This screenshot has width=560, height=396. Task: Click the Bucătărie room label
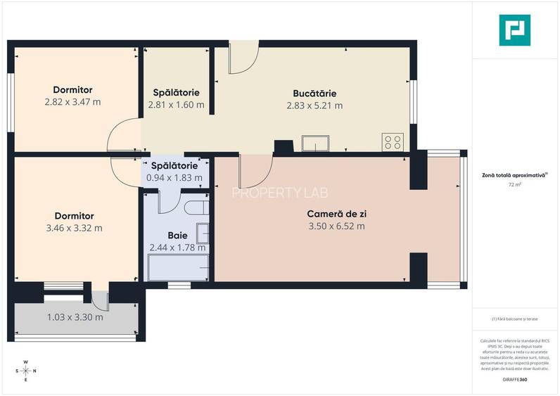[x=314, y=93]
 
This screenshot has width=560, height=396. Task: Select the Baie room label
[x=177, y=235]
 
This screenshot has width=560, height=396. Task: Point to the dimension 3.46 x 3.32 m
[x=74, y=228]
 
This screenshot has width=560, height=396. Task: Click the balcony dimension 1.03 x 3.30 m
[x=75, y=317]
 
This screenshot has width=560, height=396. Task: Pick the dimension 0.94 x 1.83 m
[x=178, y=179]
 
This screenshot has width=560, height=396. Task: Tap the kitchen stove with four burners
[x=393, y=142]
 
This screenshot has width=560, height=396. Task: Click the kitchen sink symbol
[x=314, y=143]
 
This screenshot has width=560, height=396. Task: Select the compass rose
[x=26, y=371]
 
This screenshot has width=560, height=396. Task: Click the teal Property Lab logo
[x=514, y=30]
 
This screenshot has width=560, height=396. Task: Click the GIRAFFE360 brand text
[x=515, y=380]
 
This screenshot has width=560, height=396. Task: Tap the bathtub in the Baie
[x=178, y=268]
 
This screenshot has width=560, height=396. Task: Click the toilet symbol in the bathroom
[x=193, y=209]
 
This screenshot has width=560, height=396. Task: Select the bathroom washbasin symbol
[x=203, y=233]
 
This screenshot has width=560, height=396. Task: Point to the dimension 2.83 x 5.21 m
[x=314, y=106]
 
